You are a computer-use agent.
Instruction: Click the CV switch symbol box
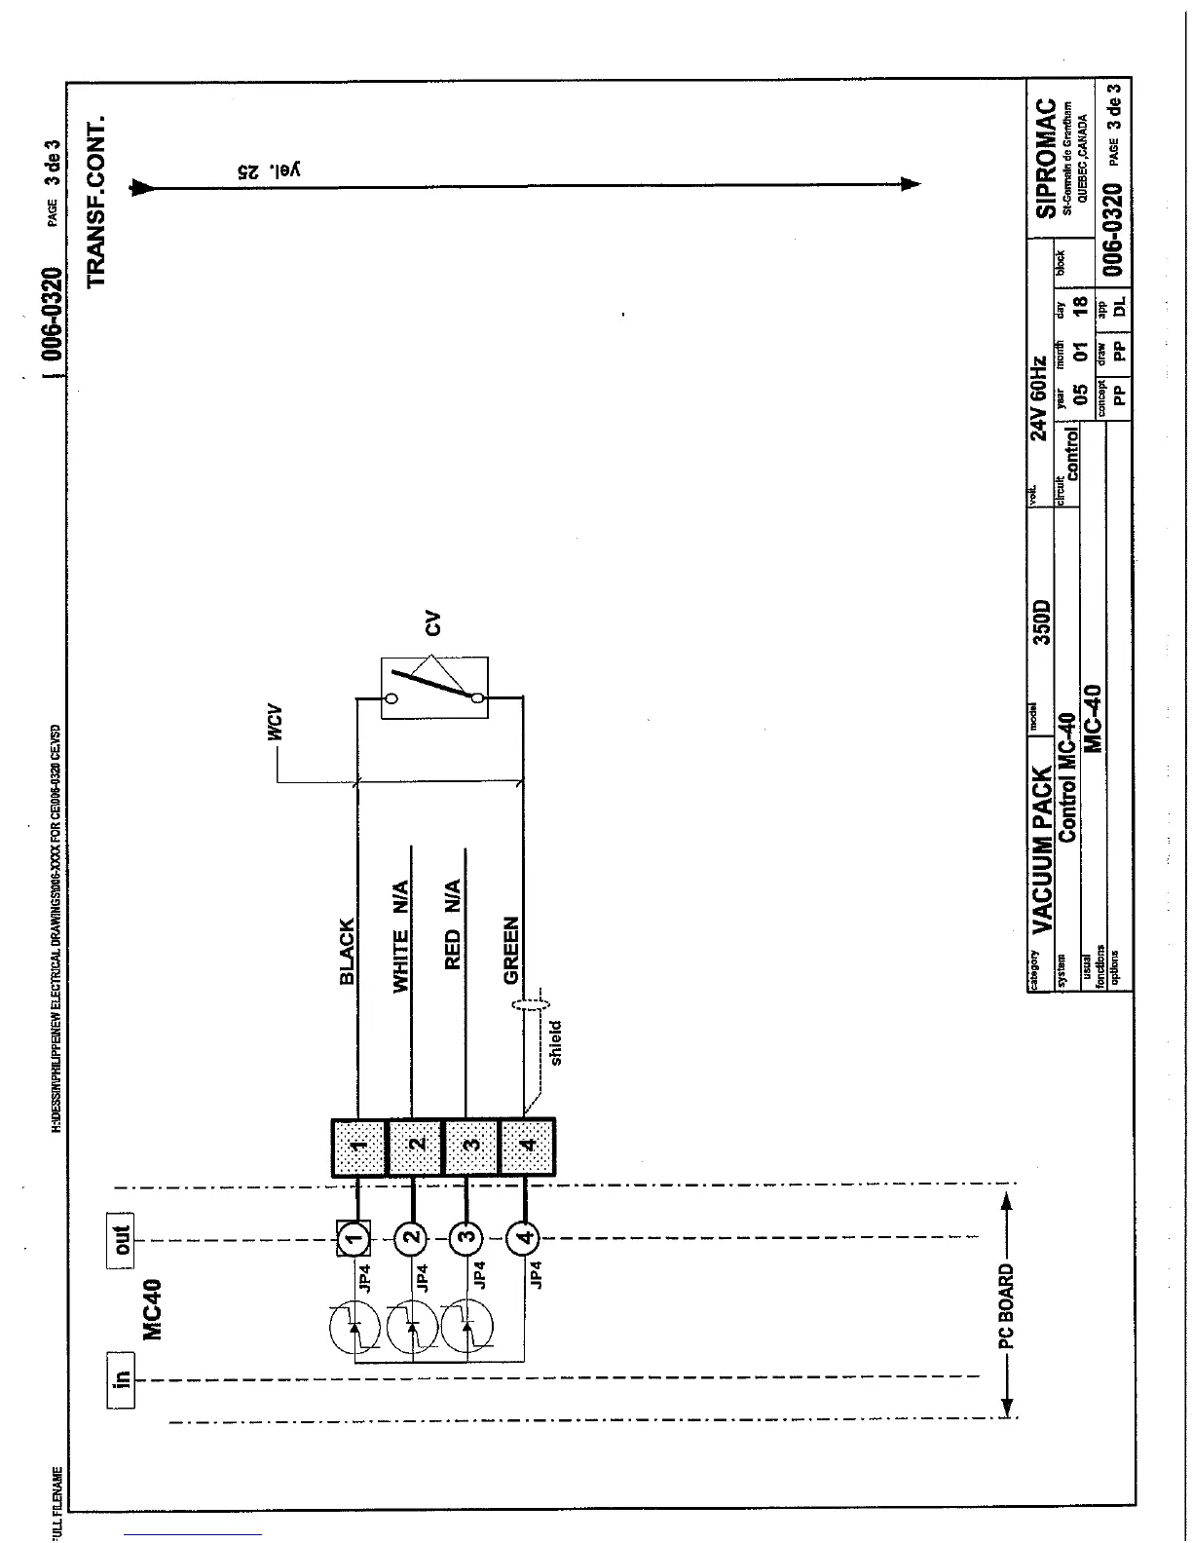pos(434,689)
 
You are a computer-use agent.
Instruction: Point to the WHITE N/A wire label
pos(400,936)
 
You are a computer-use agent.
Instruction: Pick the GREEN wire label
pos(510,950)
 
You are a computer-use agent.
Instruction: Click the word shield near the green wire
pos(556,1042)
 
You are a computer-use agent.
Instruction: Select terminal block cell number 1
pos(359,1148)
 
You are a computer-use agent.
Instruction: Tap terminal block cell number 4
pos(527,1148)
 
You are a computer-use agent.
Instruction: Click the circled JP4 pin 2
pos(412,1238)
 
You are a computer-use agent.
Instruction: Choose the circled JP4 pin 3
pos(467,1238)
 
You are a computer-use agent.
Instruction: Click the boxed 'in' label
pos(121,1377)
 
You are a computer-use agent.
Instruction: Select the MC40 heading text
pos(154,1308)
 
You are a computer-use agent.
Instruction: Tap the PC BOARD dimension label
pos(1006,1306)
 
